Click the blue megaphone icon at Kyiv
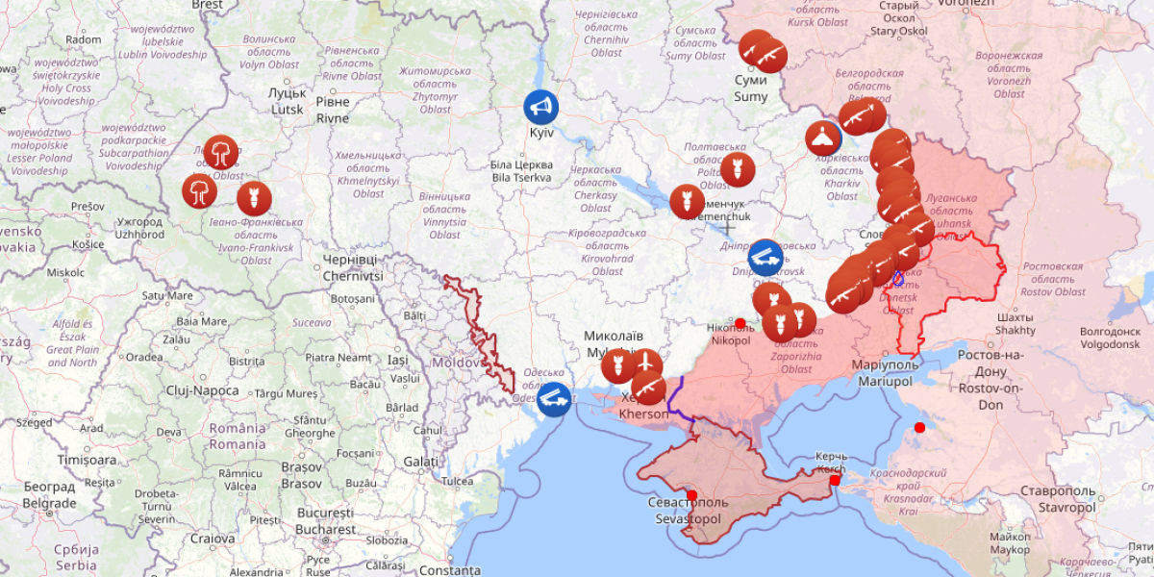click(540, 107)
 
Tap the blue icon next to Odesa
click(554, 398)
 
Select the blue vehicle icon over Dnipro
click(765, 257)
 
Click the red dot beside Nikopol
click(740, 323)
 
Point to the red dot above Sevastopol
click(691, 495)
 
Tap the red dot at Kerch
click(835, 480)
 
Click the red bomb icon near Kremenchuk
click(687, 202)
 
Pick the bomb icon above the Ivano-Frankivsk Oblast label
click(254, 198)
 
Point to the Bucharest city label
click(325, 521)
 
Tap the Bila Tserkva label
click(521, 171)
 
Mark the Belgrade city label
click(49, 495)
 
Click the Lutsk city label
click(288, 101)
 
